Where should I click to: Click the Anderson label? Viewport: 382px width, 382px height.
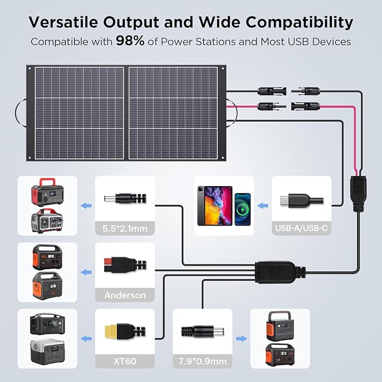125,295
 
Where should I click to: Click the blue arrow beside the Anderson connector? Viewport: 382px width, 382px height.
86,272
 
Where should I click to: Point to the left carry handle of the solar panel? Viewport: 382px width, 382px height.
22,110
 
